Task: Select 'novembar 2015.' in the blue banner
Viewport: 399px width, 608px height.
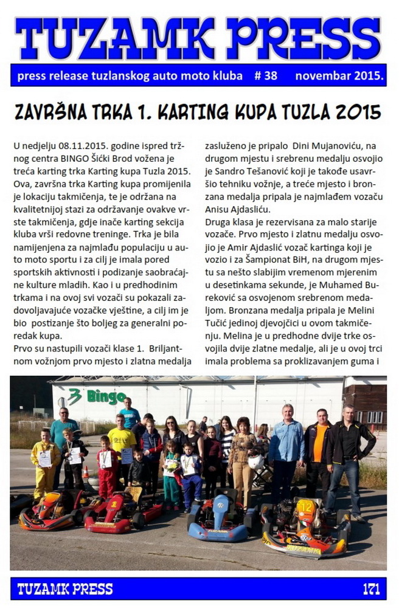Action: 339,76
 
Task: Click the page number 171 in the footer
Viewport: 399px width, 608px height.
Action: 371,589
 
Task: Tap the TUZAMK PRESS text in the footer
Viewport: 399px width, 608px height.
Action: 65,589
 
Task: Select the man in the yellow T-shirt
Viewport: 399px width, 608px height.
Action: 122,447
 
